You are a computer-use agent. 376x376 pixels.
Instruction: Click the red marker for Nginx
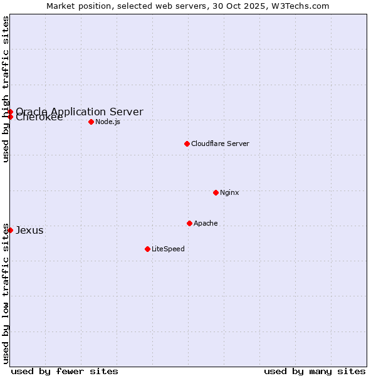[216, 192]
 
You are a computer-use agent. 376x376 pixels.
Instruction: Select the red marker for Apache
[189, 223]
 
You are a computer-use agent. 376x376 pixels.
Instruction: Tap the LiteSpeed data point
[147, 249]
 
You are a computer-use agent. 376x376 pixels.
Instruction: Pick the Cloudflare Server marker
[187, 144]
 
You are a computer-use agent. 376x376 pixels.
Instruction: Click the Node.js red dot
[91, 122]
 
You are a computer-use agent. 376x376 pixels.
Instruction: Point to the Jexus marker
[10, 230]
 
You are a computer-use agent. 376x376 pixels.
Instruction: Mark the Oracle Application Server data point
[10, 112]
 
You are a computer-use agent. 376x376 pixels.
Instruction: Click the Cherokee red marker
[10, 117]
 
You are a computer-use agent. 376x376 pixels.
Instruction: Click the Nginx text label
[229, 192]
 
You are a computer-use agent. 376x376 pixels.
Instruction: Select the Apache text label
[206, 223]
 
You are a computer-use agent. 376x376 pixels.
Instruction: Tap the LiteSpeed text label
[168, 249]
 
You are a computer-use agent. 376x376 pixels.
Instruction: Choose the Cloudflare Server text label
[220, 144]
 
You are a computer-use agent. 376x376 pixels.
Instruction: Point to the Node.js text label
[108, 122]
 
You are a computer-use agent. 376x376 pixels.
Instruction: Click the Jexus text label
[29, 230]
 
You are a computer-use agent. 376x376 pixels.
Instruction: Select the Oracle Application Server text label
[80, 112]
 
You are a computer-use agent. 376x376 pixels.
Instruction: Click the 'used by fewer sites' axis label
[65, 371]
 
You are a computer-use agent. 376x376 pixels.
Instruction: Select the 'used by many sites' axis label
[315, 371]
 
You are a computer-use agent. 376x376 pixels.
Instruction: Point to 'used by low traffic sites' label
[6, 293]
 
